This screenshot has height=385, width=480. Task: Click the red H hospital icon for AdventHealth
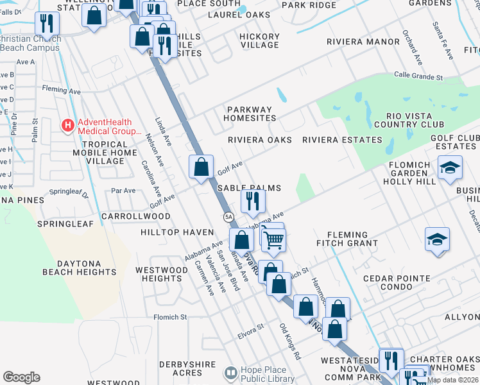(x=67, y=126)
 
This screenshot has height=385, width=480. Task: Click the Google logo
(x=21, y=377)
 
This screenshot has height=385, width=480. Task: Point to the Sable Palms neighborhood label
(x=249, y=188)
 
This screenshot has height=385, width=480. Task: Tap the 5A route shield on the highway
(x=228, y=218)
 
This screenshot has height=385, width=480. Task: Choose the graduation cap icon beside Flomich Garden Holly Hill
(x=450, y=167)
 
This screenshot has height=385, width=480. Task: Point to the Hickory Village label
(x=259, y=41)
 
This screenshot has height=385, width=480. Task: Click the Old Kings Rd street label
(x=289, y=341)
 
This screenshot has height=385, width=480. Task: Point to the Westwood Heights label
(x=161, y=274)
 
